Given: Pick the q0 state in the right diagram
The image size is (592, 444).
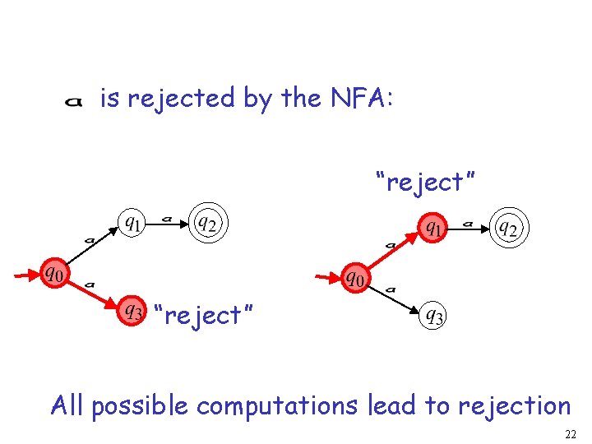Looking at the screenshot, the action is point(354,279).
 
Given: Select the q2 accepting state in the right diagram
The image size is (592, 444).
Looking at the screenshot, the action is point(509,228).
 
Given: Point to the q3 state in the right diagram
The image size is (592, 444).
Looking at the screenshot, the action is point(433,315).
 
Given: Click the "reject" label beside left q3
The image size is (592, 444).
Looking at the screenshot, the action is point(203,314).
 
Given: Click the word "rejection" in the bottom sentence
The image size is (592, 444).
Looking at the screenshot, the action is point(515,405).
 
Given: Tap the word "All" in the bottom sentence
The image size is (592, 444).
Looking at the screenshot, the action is point(68,405).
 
